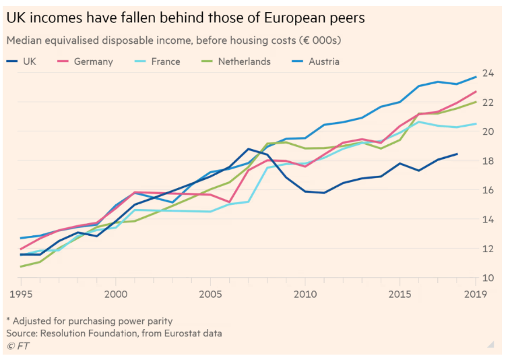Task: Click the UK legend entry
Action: [29, 61]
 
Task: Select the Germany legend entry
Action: [93, 61]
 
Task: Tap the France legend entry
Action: [165, 61]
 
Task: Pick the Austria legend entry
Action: [323, 61]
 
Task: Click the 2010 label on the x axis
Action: [305, 294]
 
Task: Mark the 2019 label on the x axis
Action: [476, 294]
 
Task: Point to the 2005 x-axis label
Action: [210, 294]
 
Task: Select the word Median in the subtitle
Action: [25, 40]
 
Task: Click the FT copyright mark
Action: [18, 346]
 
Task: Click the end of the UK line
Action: [457, 154]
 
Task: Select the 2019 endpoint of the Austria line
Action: [476, 77]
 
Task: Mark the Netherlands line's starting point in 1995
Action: [20, 266]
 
